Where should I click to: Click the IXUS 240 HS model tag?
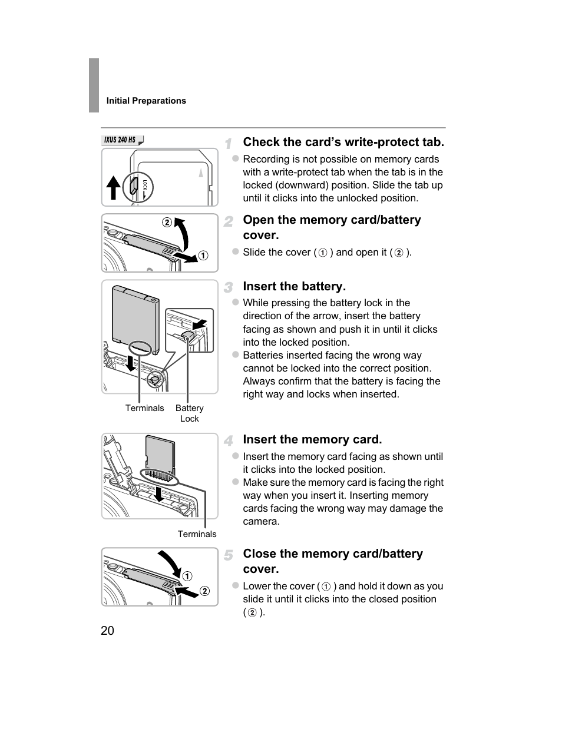point(123,140)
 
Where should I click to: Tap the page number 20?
point(107,631)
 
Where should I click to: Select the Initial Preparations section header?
point(146,101)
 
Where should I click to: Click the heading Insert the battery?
point(294,286)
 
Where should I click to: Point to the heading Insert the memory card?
point(312,439)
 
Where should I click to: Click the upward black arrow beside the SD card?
point(114,187)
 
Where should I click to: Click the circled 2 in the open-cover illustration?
point(167,222)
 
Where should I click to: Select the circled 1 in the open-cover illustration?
point(203,256)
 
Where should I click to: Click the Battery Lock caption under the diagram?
point(189,413)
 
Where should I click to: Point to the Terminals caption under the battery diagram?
point(144,408)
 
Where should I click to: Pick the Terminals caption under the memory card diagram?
point(197,534)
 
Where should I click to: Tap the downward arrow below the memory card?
point(159,494)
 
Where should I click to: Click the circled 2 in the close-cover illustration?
point(204,591)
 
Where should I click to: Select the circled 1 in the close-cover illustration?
point(187,576)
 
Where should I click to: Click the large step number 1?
point(229,144)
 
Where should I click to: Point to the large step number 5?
point(229,555)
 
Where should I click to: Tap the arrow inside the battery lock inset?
point(200,324)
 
